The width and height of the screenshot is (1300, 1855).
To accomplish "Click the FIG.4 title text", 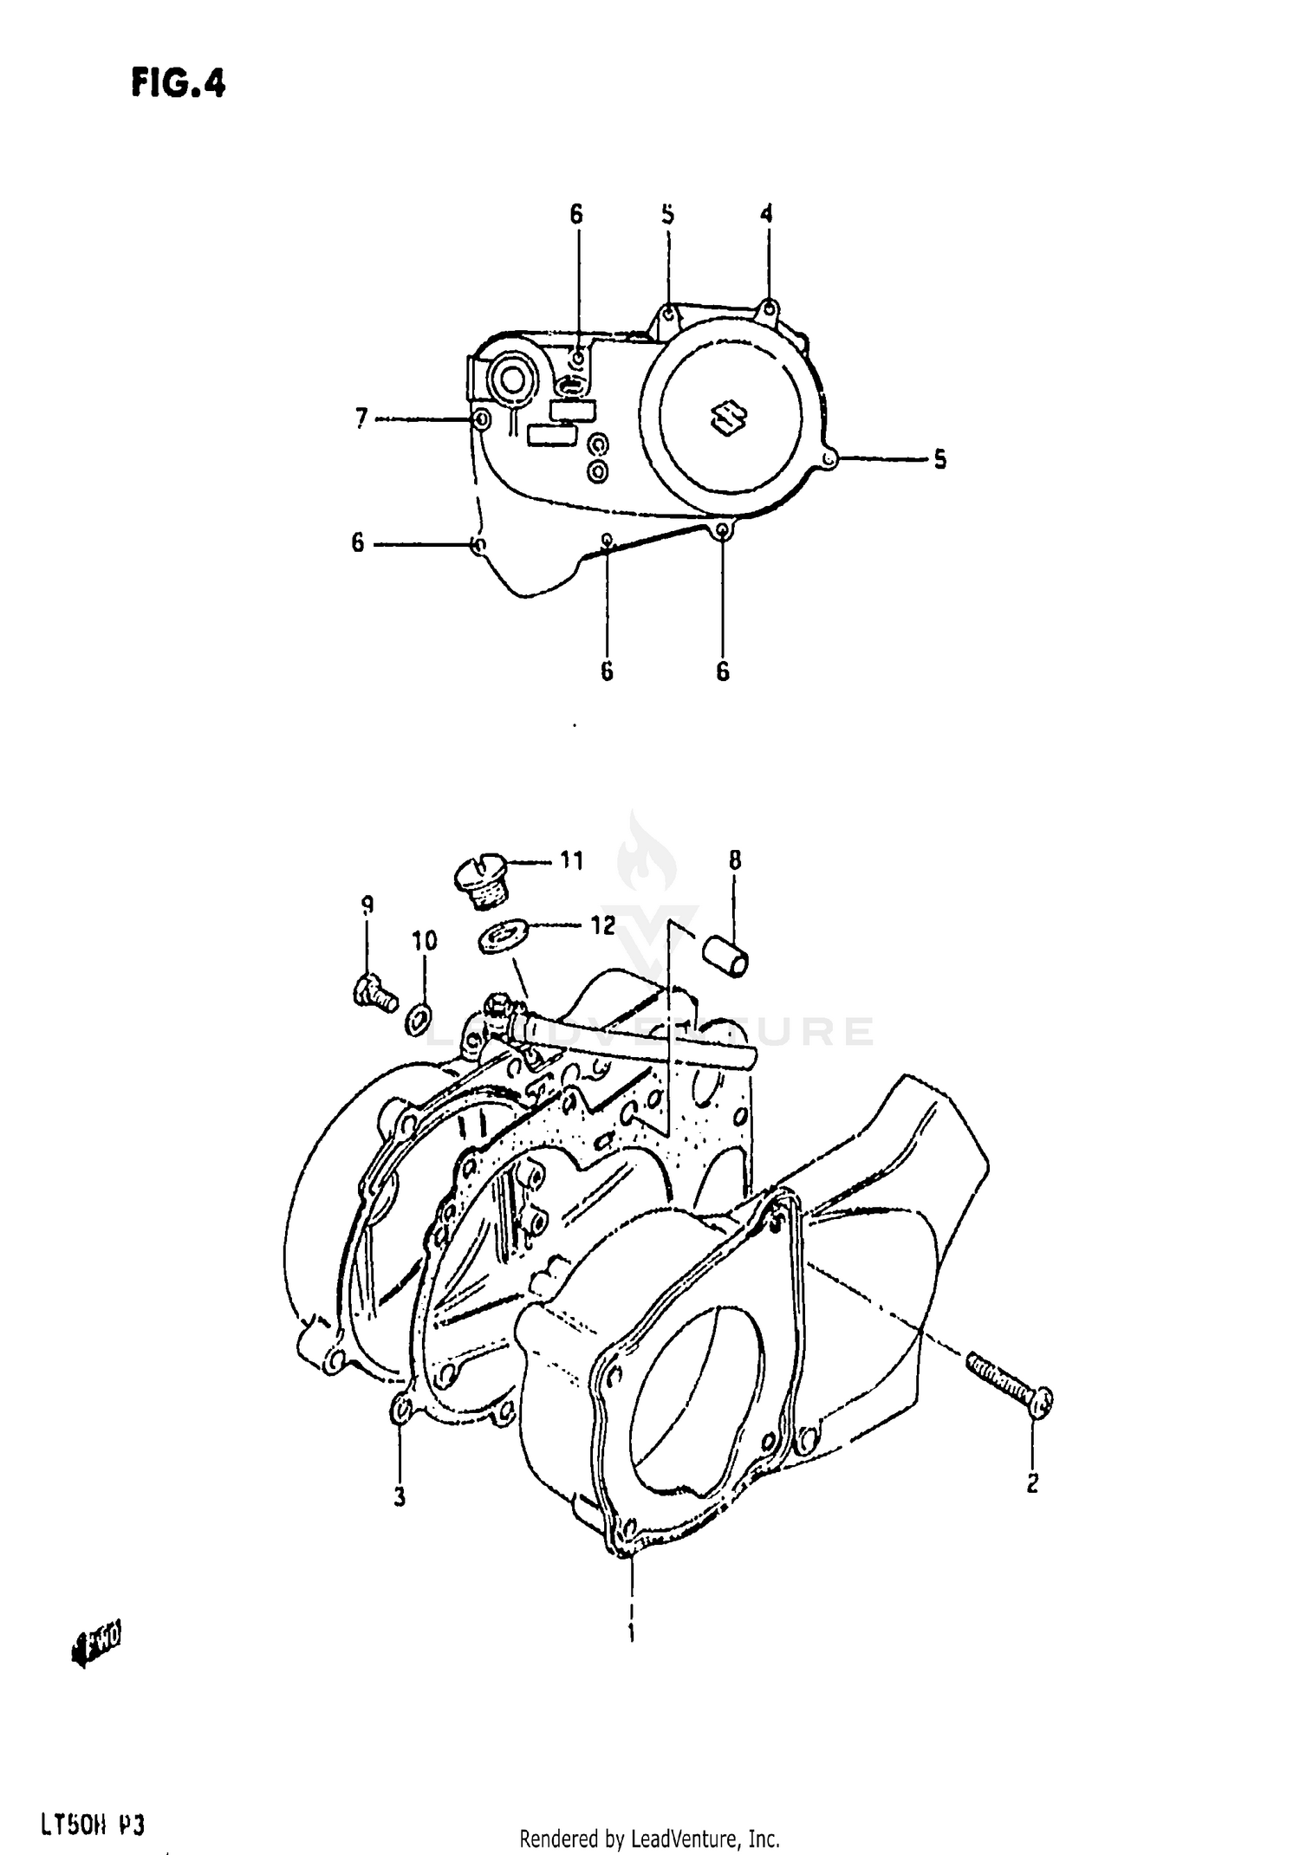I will coord(179,84).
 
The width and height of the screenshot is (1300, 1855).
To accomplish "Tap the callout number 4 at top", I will coord(766,213).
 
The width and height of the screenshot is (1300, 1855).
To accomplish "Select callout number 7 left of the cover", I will coord(361,418).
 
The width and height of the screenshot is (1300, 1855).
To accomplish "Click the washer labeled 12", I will coord(497,938).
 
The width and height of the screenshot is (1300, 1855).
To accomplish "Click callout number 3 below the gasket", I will coord(400,1496).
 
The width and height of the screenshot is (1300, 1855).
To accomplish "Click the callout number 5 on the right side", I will coord(940,459).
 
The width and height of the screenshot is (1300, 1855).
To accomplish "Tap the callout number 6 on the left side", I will coord(357,543).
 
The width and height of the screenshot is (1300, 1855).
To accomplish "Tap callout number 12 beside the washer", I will coord(603,924).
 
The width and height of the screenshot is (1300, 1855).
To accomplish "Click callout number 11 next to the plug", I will coord(570,860).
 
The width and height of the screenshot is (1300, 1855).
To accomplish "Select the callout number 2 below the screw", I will coord(1032,1483).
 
